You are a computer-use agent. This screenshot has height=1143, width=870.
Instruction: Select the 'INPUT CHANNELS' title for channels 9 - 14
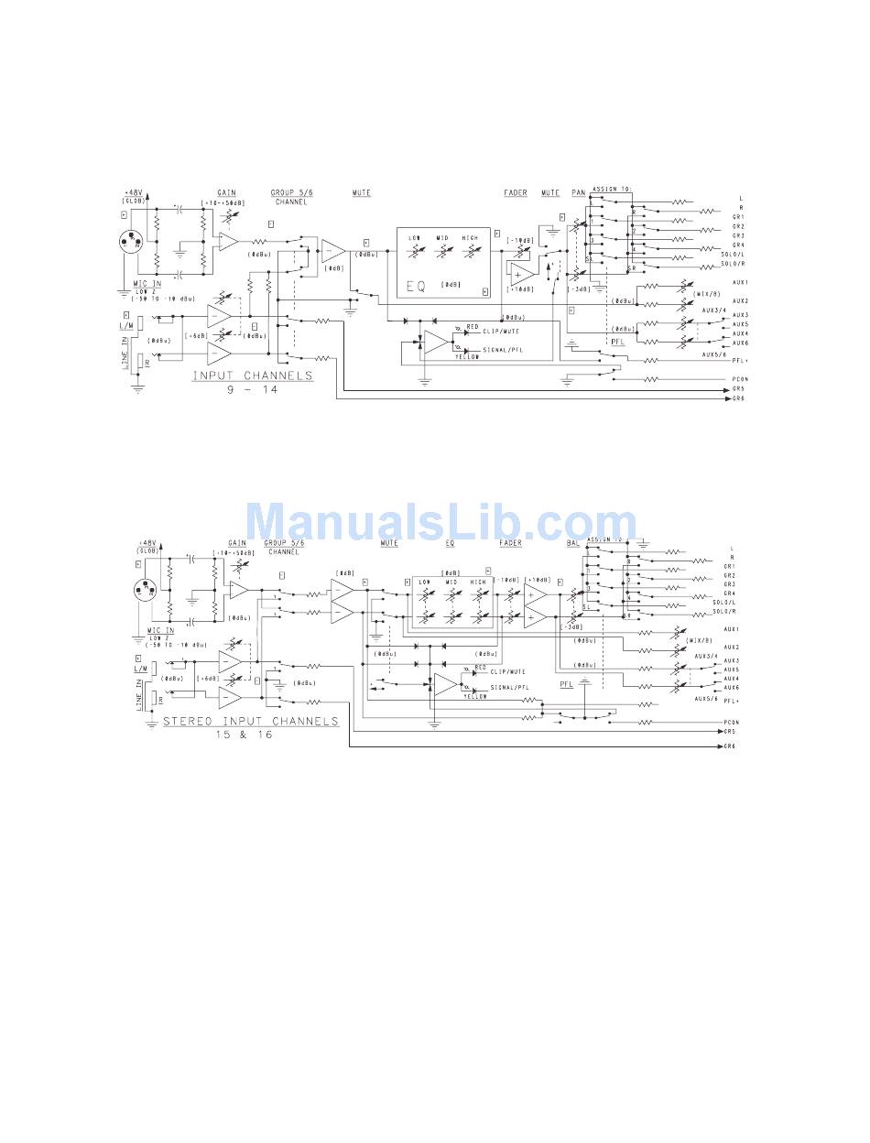[x=252, y=376]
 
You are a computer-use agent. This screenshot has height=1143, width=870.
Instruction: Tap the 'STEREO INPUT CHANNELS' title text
[x=250, y=721]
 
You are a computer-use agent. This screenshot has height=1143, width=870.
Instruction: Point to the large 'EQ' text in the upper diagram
[x=417, y=287]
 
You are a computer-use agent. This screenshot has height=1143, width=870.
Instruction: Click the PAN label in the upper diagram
[x=578, y=193]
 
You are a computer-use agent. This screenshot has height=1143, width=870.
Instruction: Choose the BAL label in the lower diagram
[x=573, y=543]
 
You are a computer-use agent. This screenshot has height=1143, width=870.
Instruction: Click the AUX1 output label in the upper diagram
[x=741, y=282]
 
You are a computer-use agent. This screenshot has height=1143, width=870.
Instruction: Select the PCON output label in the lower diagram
[x=731, y=724]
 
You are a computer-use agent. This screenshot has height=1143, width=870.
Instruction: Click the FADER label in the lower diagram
[x=511, y=543]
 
